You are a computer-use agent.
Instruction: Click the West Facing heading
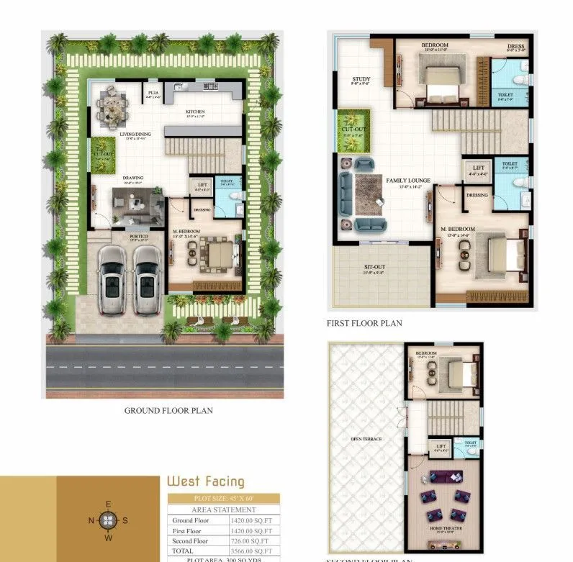205,481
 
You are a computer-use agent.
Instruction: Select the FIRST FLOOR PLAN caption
364,324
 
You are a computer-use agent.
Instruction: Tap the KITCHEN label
195,112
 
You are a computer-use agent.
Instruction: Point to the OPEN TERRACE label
366,439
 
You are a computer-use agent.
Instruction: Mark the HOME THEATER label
446,529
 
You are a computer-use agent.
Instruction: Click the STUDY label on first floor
360,79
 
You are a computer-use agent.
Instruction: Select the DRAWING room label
132,177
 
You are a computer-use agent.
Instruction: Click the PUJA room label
153,92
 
